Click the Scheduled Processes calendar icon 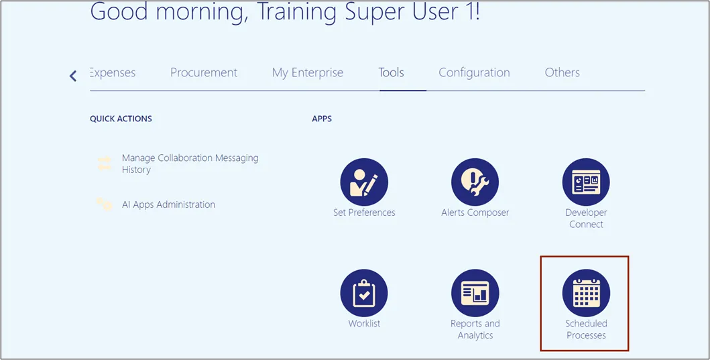pos(586,292)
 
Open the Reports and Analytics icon pos(475,292)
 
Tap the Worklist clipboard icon pos(364,292)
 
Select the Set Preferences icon pos(364,182)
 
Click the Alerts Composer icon pos(475,182)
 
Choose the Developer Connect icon pos(586,182)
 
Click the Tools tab pos(392,72)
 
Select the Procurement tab pos(204,72)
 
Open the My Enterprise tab pos(308,73)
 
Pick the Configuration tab pos(474,73)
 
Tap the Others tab pos(563,72)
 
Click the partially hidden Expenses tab pos(113,73)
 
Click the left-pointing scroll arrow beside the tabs pos(73,76)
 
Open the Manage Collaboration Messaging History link pos(190,164)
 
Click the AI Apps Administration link pos(168,204)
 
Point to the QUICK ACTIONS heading pos(121,119)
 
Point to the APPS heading pos(322,119)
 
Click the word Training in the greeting pos(296,13)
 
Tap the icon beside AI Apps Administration pos(104,204)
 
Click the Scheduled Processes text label pos(586,329)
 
